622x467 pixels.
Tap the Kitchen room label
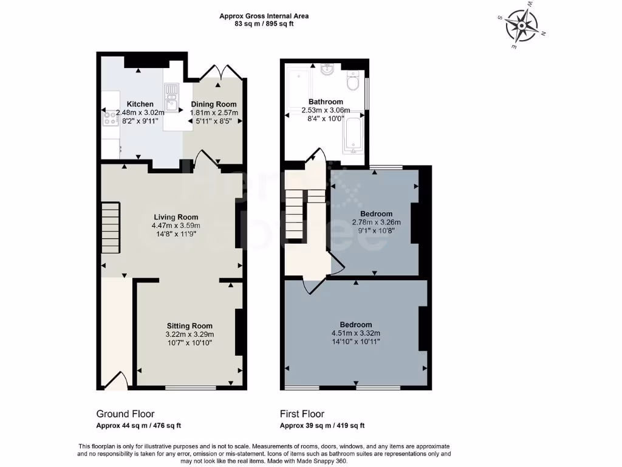pos(140,105)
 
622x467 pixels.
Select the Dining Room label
pos(214,105)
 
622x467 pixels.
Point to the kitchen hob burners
pos(111,118)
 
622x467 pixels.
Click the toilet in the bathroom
pos(352,81)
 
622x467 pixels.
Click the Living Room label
pos(176,217)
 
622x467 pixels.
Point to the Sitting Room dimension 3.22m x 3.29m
pos(190,334)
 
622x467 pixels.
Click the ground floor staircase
pos(111,228)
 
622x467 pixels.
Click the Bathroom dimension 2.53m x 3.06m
pos(326,110)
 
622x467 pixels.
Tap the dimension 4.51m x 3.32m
pos(356,333)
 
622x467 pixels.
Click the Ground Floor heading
pos(125,413)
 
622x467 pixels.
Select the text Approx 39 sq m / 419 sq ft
pos(322,426)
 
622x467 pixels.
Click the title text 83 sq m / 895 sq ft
pos(264,24)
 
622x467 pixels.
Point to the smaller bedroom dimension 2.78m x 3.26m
pos(376,222)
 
